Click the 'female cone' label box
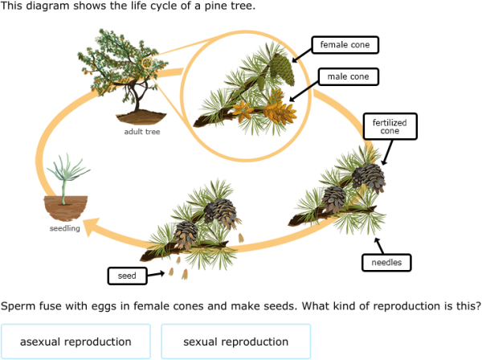click(345, 45)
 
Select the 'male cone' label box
click(347, 77)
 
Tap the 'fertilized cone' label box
click(390, 126)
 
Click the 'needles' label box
click(386, 262)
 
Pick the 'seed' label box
click(127, 276)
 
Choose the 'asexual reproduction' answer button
click(76, 342)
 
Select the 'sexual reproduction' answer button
click(235, 342)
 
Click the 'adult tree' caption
click(141, 132)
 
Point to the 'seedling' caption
click(65, 229)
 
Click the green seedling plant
click(62, 177)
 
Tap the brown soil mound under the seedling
click(64, 210)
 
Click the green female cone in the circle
click(278, 64)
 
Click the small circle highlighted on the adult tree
click(147, 62)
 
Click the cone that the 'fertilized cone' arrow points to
click(370, 174)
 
